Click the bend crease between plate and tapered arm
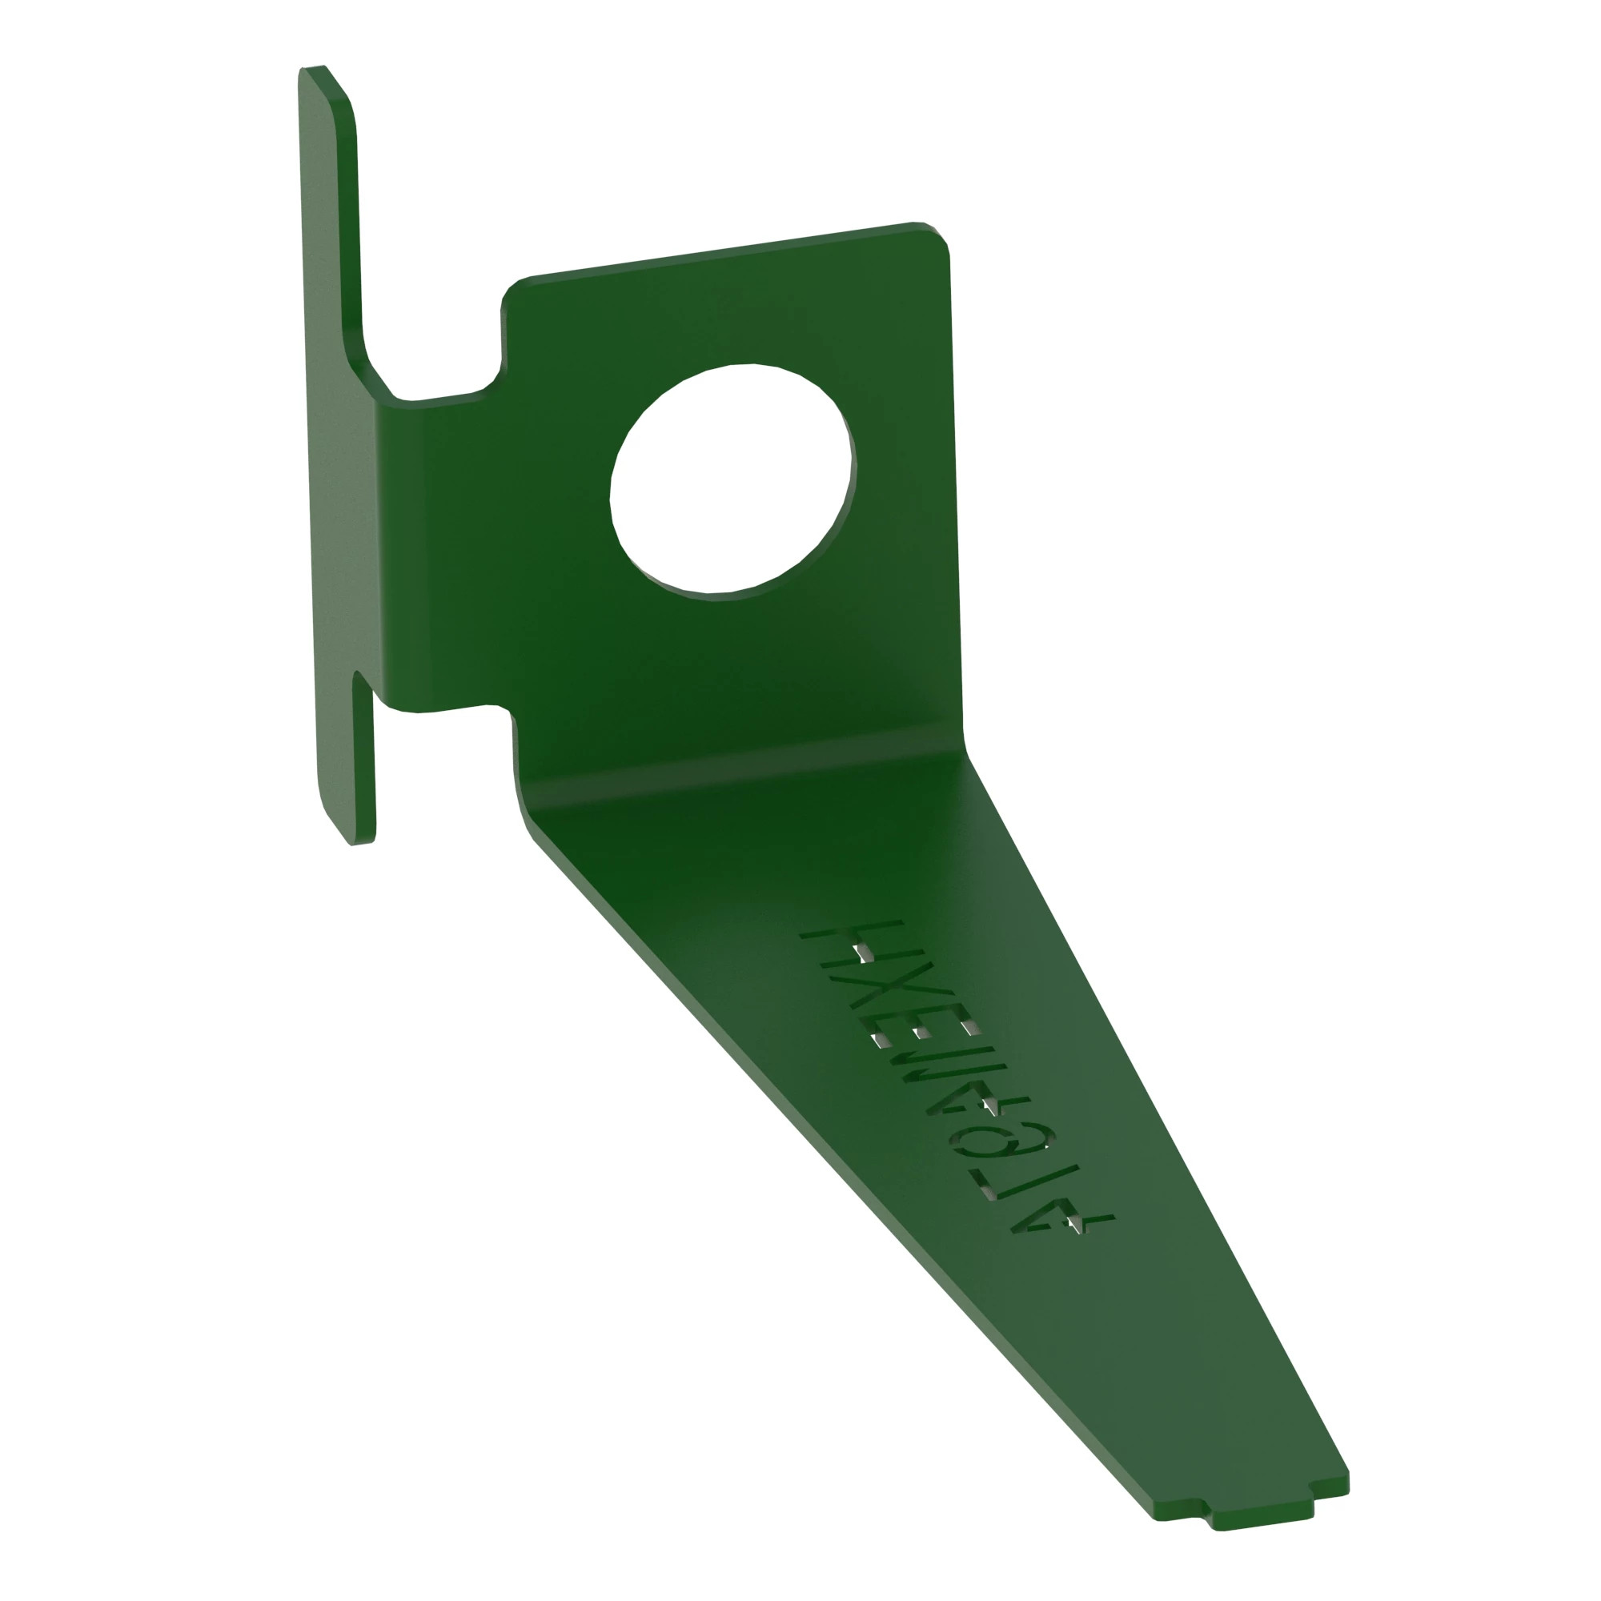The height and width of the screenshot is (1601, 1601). click(746, 763)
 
